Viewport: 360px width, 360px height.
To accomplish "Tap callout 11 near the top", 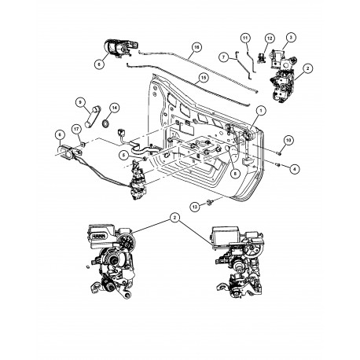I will pos(244,39).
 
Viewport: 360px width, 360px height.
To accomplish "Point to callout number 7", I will pos(223,57).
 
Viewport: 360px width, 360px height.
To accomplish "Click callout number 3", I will pos(290,37).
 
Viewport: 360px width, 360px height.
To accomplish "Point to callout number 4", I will pos(295,167).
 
